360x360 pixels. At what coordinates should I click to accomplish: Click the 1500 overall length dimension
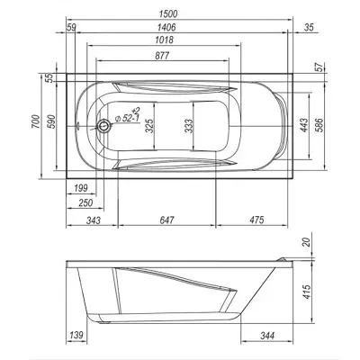[168, 13]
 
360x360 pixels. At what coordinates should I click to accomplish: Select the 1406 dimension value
[166, 27]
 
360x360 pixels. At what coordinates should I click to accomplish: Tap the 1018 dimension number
[164, 40]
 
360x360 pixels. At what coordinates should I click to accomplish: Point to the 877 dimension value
[162, 56]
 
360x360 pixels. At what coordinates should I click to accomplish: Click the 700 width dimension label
[35, 121]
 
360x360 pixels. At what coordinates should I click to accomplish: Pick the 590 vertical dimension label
[51, 121]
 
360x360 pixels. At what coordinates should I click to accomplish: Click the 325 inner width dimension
[149, 126]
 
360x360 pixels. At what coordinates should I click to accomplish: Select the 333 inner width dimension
[188, 126]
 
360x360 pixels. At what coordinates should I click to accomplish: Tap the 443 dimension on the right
[303, 125]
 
